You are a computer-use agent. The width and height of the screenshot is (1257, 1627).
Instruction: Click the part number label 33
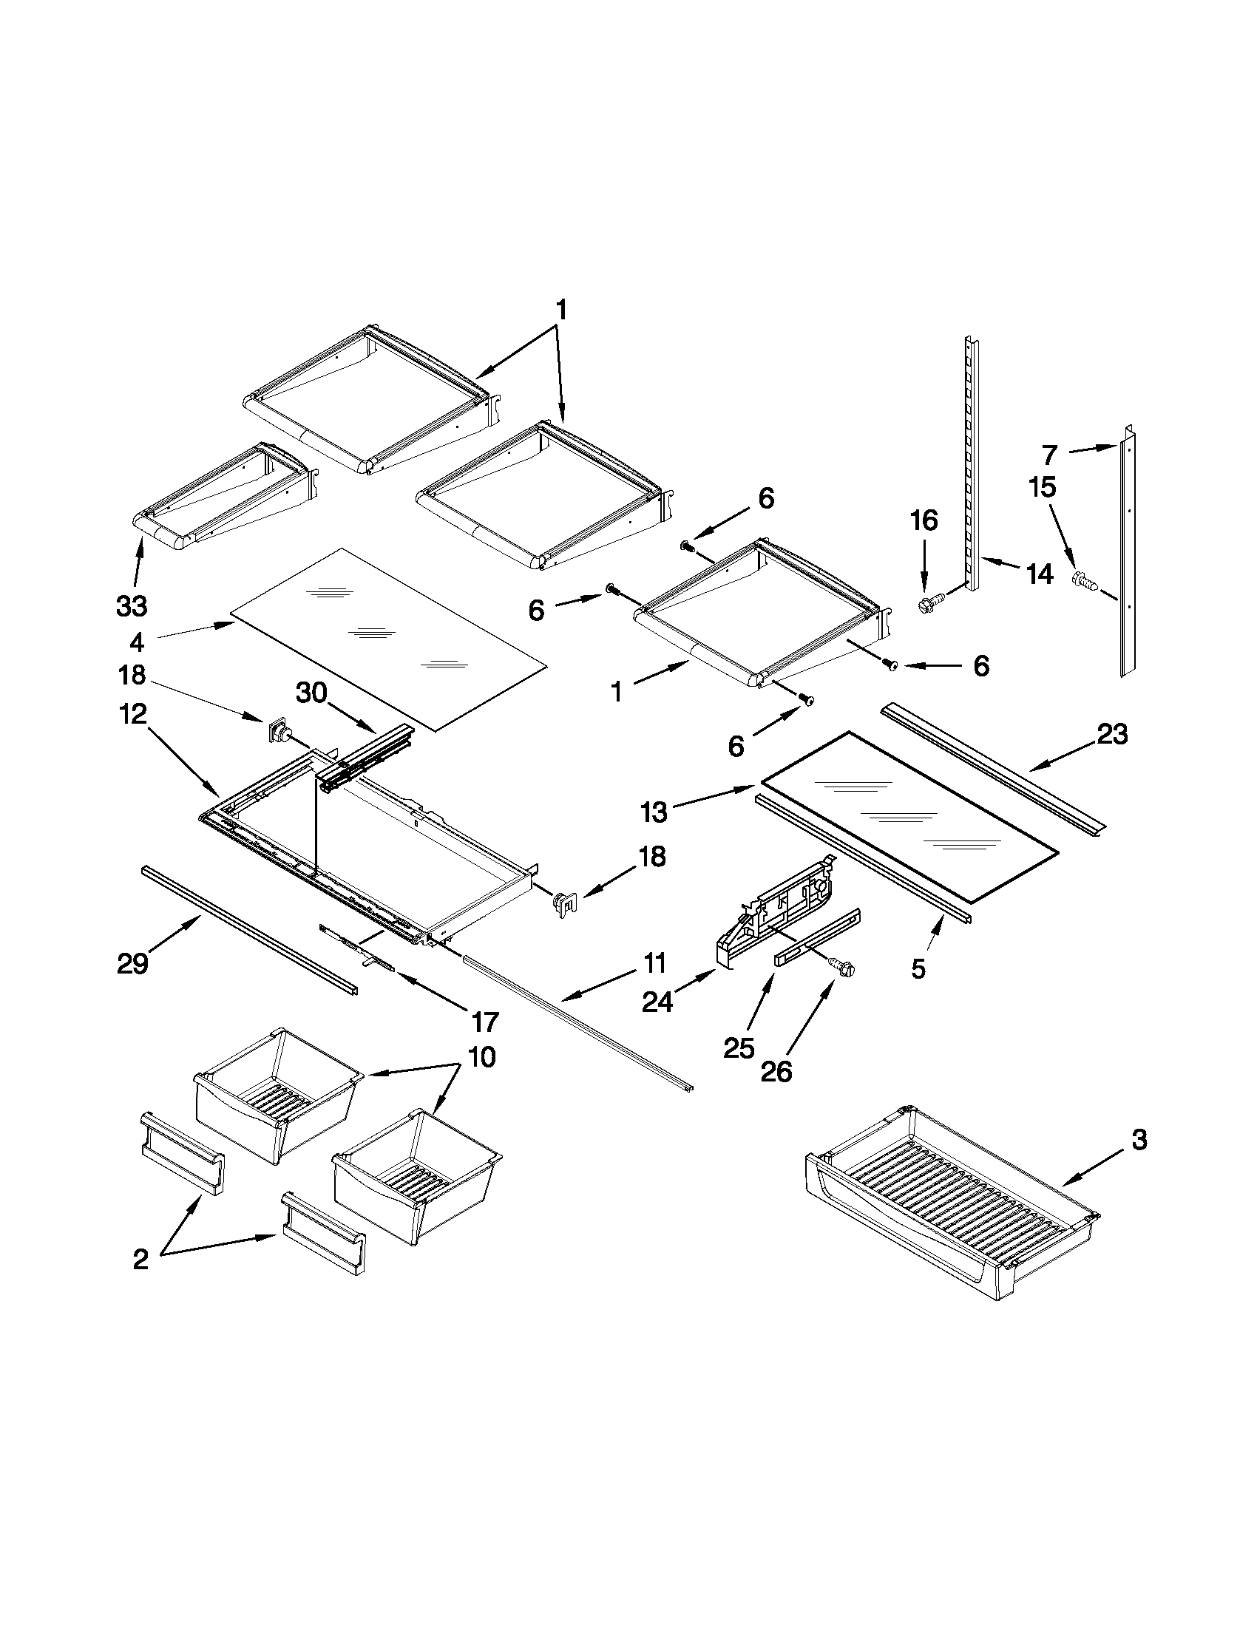tap(132, 606)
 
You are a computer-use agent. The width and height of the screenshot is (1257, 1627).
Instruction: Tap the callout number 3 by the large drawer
tap(1139, 1139)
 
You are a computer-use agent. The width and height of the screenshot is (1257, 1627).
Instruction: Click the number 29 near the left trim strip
tap(132, 963)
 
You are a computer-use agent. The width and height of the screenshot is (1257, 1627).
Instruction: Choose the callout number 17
tap(484, 1022)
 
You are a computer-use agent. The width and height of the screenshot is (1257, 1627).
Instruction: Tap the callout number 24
tap(658, 1002)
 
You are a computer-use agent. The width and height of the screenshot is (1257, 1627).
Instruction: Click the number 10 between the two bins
tap(483, 1057)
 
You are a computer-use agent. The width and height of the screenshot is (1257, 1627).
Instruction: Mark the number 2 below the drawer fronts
tap(140, 1259)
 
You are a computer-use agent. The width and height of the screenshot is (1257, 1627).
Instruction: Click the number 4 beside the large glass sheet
tap(136, 641)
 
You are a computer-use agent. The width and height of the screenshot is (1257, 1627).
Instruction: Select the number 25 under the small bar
tap(740, 1048)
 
